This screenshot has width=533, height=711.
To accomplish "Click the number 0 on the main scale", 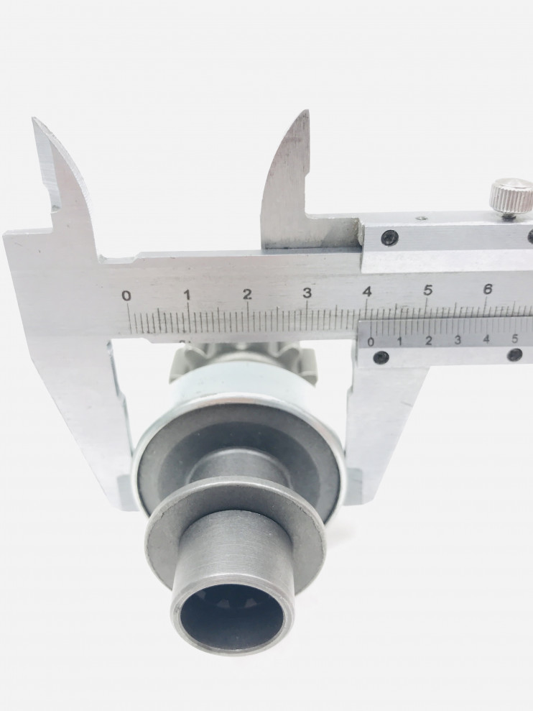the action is coord(126,296).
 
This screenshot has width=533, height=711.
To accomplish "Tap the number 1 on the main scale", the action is coord(187,295).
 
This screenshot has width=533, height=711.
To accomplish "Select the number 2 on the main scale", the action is coord(247,294).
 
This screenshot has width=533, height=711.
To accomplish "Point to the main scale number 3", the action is coord(307,293).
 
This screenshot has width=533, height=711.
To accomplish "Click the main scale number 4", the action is coord(367,292).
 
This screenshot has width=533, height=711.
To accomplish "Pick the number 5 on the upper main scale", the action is coord(427,290).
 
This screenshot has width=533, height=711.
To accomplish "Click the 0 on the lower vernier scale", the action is coord(371,342).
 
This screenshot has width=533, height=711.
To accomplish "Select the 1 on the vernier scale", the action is coord(399,341).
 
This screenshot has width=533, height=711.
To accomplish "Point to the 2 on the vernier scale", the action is coord(429,340).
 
